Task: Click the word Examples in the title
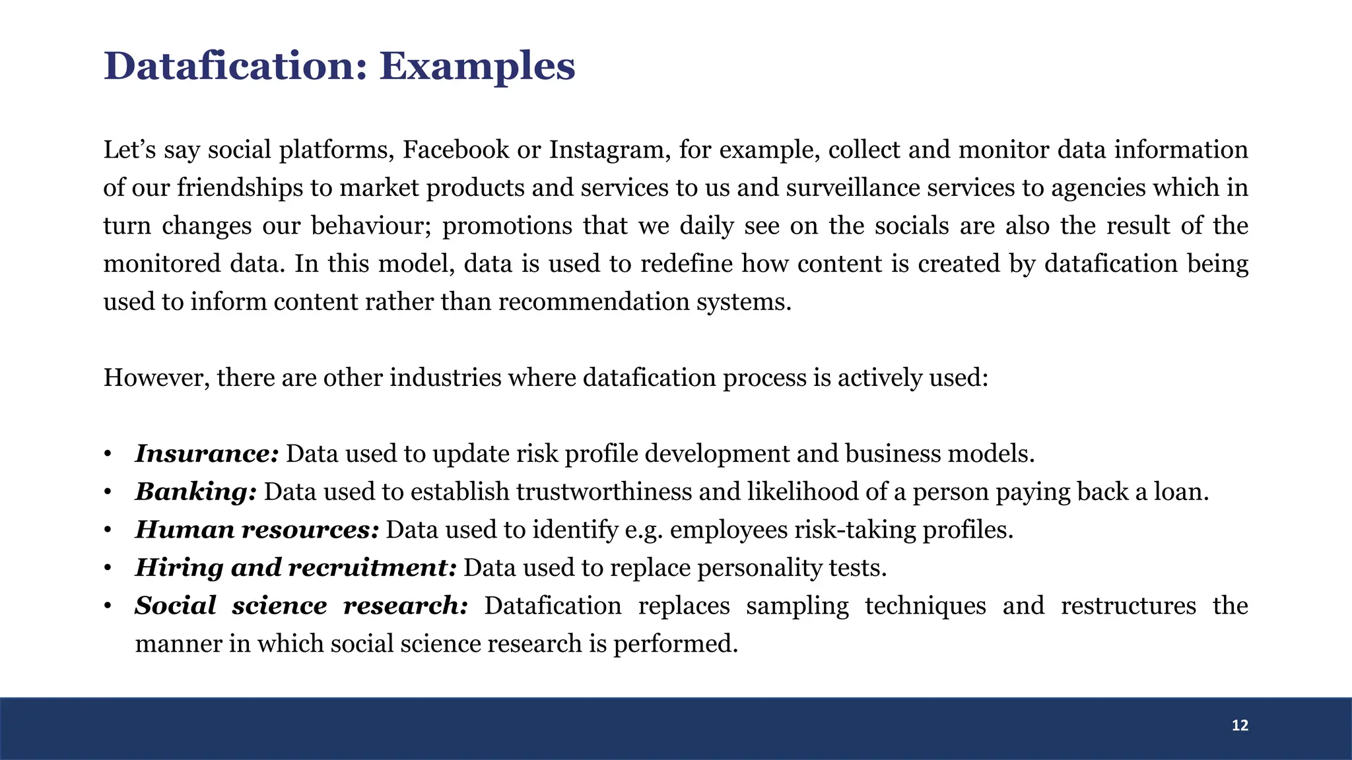[x=477, y=67]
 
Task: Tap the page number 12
[x=1240, y=726]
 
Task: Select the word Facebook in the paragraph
[x=456, y=150]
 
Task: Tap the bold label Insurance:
[x=207, y=454]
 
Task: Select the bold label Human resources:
[x=256, y=530]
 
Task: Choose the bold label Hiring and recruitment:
[x=295, y=568]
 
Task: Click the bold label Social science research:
[x=301, y=606]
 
